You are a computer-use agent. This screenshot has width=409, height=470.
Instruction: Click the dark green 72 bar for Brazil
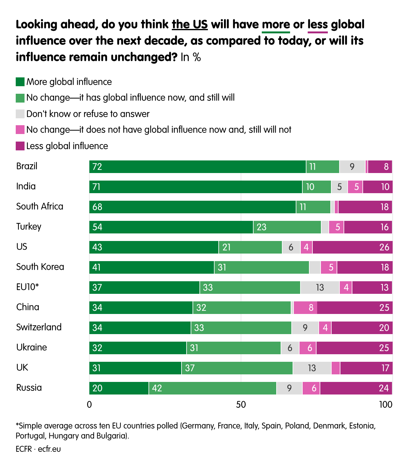[x=197, y=167]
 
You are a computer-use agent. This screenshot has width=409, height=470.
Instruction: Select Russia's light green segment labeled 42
[x=212, y=388]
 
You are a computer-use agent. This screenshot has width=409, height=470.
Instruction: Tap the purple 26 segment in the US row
[x=352, y=247]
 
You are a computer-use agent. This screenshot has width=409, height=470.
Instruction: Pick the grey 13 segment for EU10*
[x=320, y=288]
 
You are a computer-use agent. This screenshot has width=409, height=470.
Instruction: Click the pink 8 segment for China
[x=305, y=308]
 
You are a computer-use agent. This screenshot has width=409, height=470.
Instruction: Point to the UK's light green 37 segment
[x=237, y=368]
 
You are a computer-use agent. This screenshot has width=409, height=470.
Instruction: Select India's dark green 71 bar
[x=195, y=187]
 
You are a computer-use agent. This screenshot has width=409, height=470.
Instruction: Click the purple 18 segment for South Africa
[x=365, y=207]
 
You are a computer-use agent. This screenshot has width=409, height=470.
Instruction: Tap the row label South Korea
[x=40, y=267]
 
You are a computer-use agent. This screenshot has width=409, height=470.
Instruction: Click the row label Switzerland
[x=39, y=327]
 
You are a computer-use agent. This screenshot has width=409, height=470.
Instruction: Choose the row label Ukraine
[x=31, y=347]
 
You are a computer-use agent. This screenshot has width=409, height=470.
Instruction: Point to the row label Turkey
[x=29, y=227]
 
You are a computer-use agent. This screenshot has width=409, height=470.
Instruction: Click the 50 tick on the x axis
[x=241, y=405]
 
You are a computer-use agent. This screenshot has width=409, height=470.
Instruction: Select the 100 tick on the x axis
[x=386, y=405]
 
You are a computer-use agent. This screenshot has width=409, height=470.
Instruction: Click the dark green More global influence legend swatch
[x=20, y=82]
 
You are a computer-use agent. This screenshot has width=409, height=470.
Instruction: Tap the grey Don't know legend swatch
[x=20, y=114]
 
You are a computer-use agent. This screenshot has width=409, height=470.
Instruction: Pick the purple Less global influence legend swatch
[x=20, y=146]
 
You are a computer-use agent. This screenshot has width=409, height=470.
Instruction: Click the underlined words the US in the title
[x=190, y=25]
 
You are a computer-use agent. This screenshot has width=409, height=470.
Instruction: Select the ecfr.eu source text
[x=49, y=449]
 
